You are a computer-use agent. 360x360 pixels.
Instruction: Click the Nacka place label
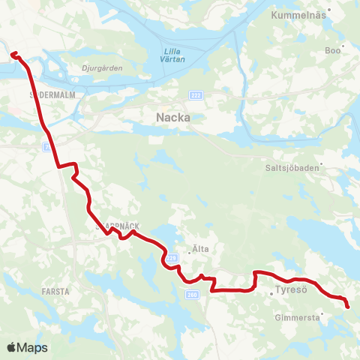tap(172, 117)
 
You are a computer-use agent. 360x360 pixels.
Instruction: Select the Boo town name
tap(332, 51)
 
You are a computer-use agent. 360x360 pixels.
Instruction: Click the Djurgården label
tap(101, 67)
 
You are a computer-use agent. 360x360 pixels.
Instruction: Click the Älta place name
tap(198, 252)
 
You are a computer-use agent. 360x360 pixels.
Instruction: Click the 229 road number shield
tap(171, 257)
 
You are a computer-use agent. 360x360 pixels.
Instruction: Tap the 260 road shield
tap(192, 295)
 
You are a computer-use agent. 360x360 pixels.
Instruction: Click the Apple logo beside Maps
tap(11, 347)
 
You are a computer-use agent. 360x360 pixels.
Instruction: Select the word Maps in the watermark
tap(32, 347)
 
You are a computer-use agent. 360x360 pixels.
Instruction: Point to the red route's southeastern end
tap(347, 305)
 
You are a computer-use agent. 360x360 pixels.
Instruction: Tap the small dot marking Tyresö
tap(271, 293)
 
